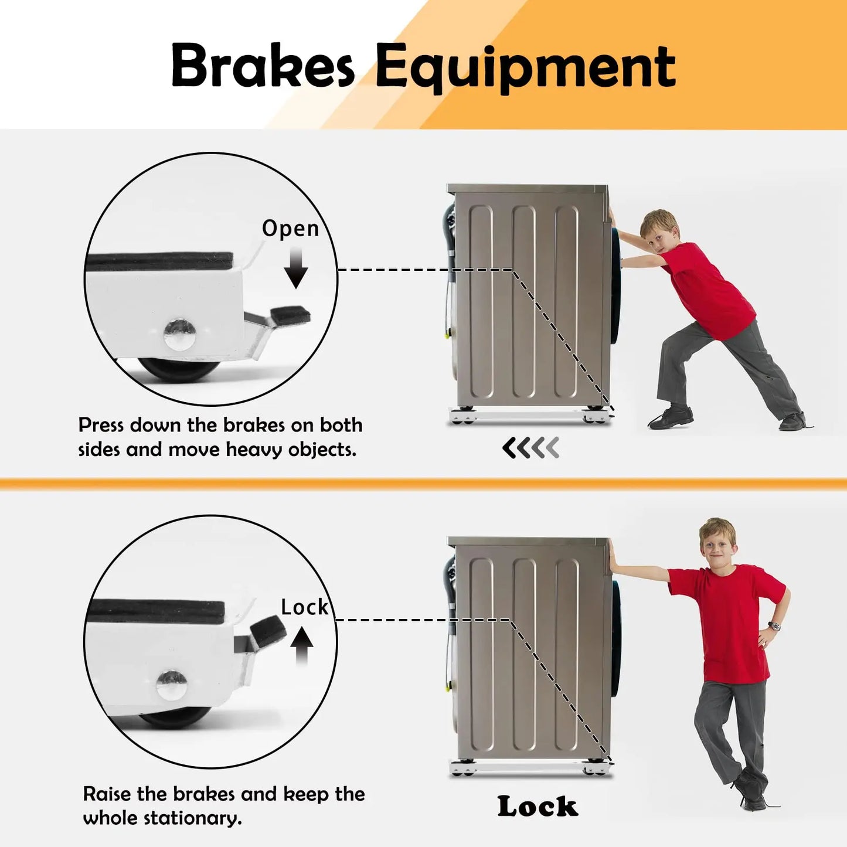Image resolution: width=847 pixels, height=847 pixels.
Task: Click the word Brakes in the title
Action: click(x=262, y=66)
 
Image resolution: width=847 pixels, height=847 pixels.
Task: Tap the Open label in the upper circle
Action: click(x=290, y=229)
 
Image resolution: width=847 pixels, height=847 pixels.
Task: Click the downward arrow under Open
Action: click(x=296, y=268)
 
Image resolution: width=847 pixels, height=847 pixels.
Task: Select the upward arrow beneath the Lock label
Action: click(x=302, y=645)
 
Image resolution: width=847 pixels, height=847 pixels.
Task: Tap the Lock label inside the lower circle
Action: click(x=304, y=607)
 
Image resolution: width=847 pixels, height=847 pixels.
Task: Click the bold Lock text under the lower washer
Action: click(x=537, y=807)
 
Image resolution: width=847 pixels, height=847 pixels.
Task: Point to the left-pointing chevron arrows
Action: click(x=530, y=448)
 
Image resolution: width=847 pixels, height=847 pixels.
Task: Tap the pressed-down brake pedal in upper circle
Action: click(x=287, y=315)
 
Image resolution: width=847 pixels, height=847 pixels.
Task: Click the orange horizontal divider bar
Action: click(x=423, y=484)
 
